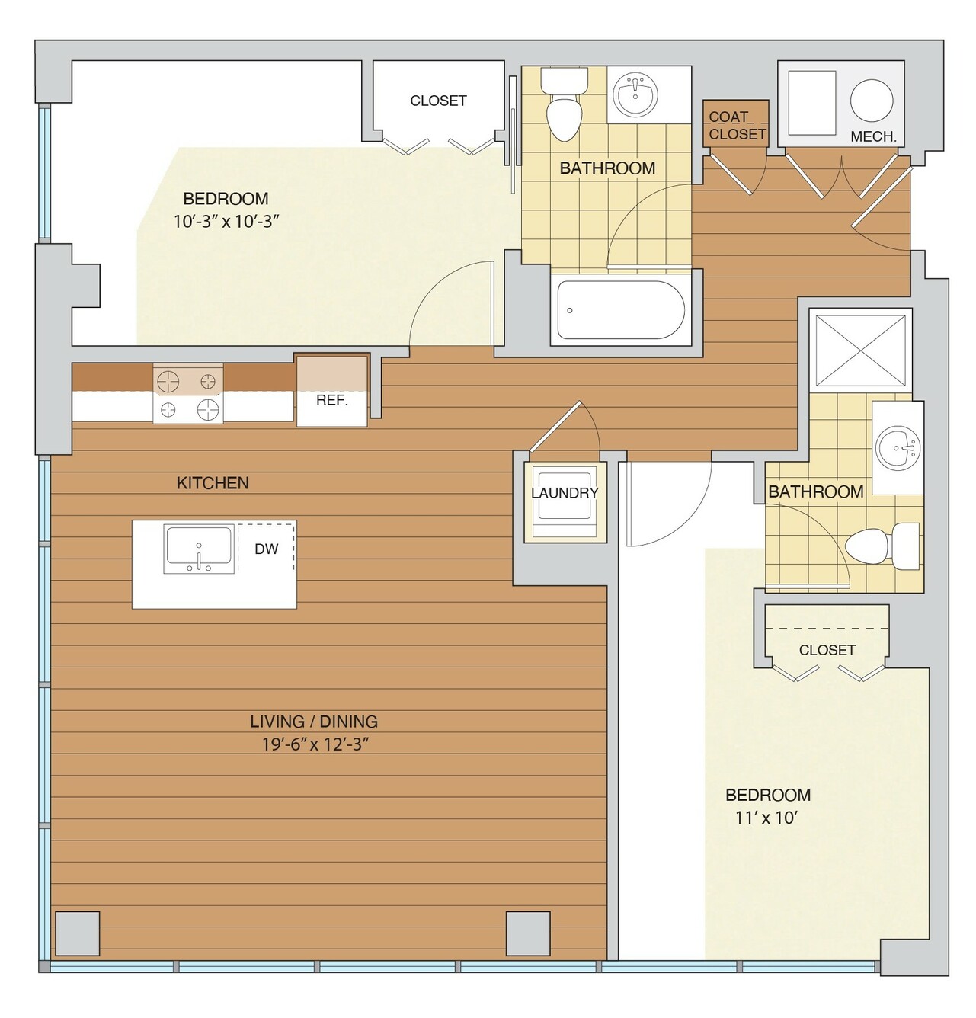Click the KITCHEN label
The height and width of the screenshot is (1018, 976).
point(213,483)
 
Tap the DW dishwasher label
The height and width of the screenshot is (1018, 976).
point(266,549)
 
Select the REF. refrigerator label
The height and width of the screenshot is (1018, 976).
point(332,401)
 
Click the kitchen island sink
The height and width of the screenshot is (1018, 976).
point(198,549)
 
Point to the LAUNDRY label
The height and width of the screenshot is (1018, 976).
point(565,493)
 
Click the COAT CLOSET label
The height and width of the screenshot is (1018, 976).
point(737,126)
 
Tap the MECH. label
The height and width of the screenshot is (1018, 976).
point(873,137)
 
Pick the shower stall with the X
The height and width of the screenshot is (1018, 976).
point(860,350)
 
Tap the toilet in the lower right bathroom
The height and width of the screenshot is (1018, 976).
point(882,546)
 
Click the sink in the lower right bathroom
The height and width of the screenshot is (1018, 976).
point(898,448)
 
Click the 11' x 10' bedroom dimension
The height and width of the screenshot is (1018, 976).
point(766,818)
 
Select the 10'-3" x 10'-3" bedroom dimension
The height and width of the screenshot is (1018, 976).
point(226,222)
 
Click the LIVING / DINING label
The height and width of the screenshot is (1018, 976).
point(314,722)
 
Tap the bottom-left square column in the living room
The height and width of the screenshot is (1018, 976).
point(78,933)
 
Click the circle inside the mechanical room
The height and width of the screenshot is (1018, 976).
point(872,101)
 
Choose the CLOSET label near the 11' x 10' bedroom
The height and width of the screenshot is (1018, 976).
point(827,650)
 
